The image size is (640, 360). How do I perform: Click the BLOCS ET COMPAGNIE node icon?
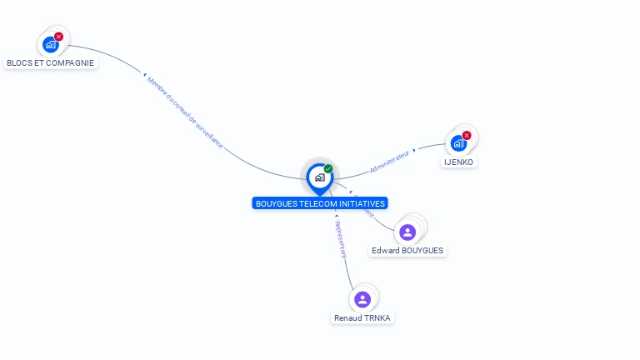click(x=51, y=45)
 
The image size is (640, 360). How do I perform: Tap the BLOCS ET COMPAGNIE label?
click(x=50, y=62)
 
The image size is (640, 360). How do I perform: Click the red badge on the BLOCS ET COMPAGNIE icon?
click(x=58, y=37)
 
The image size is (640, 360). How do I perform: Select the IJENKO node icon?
click(x=458, y=143)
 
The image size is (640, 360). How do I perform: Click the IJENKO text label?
click(x=459, y=162)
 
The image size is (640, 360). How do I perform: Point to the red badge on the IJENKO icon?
click(x=467, y=135)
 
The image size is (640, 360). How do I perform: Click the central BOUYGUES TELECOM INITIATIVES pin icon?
click(x=319, y=177)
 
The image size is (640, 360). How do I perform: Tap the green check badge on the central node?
click(x=328, y=169)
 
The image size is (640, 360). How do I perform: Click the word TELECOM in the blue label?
click(x=316, y=203)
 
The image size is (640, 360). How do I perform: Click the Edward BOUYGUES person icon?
click(x=407, y=232)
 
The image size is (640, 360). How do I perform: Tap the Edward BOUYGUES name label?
click(x=407, y=250)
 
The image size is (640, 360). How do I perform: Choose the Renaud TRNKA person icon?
click(x=362, y=299)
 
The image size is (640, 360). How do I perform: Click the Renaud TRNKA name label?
click(x=362, y=317)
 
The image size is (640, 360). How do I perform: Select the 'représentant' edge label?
click(x=339, y=239)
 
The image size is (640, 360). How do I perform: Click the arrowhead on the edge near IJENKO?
click(x=414, y=151)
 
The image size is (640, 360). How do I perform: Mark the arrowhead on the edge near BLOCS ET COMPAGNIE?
click(x=145, y=75)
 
